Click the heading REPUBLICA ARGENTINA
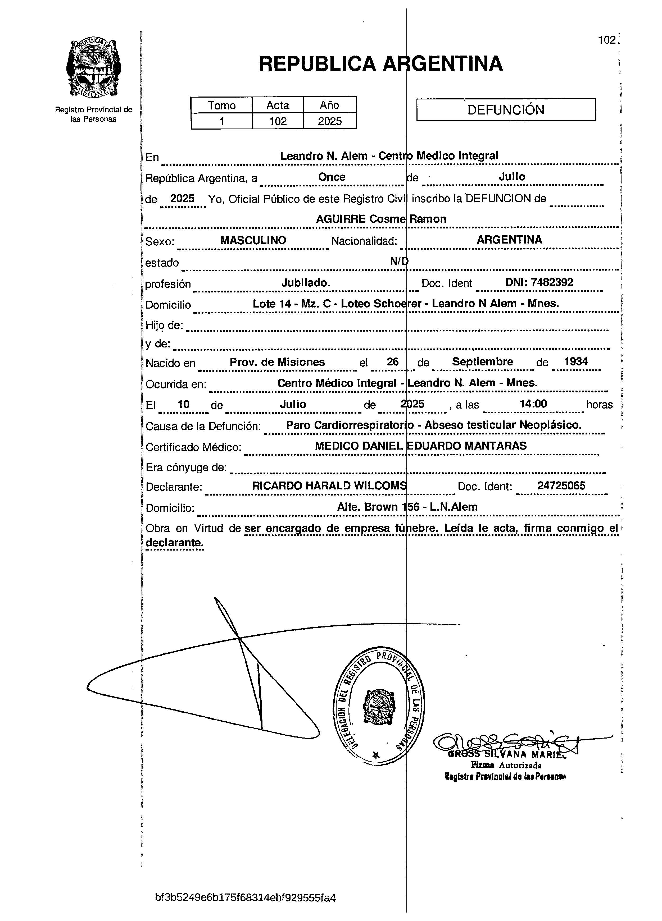(380, 64)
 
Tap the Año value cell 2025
(330, 121)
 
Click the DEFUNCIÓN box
(506, 110)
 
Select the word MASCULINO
(253, 240)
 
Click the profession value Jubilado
(306, 283)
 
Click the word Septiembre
(482, 361)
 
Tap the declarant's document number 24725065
(561, 486)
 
